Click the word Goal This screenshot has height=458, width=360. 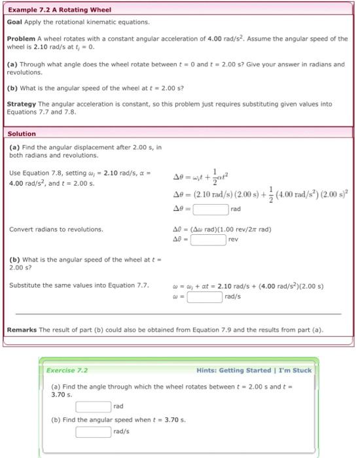[x=14, y=22]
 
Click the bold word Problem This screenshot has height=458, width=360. [x=22, y=39]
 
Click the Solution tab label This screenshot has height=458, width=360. [x=22, y=133]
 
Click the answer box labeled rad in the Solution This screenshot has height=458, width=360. [x=210, y=210]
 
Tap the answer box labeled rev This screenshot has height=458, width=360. [x=208, y=239]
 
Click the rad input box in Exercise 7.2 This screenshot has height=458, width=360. [x=93, y=407]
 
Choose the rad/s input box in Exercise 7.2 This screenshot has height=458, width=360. [x=93, y=432]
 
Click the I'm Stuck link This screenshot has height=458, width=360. [x=297, y=370]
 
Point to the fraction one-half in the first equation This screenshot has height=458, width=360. [x=209, y=175]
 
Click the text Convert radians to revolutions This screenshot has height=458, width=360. [x=56, y=229]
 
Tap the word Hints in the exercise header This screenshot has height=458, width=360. [x=207, y=370]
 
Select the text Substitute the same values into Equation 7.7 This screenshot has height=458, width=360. [x=79, y=285]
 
